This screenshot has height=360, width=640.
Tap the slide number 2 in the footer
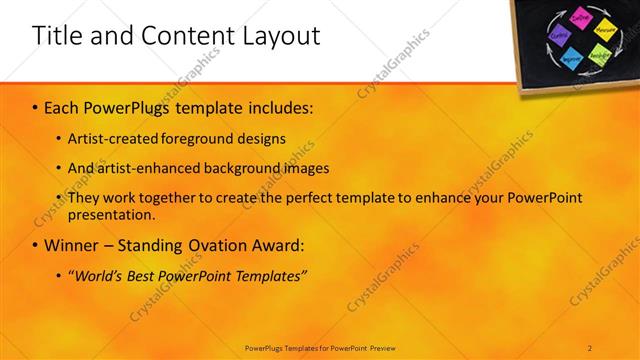coord(590,347)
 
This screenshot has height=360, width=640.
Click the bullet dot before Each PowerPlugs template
coord(36,106)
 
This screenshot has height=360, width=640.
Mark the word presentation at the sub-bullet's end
coord(110,214)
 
